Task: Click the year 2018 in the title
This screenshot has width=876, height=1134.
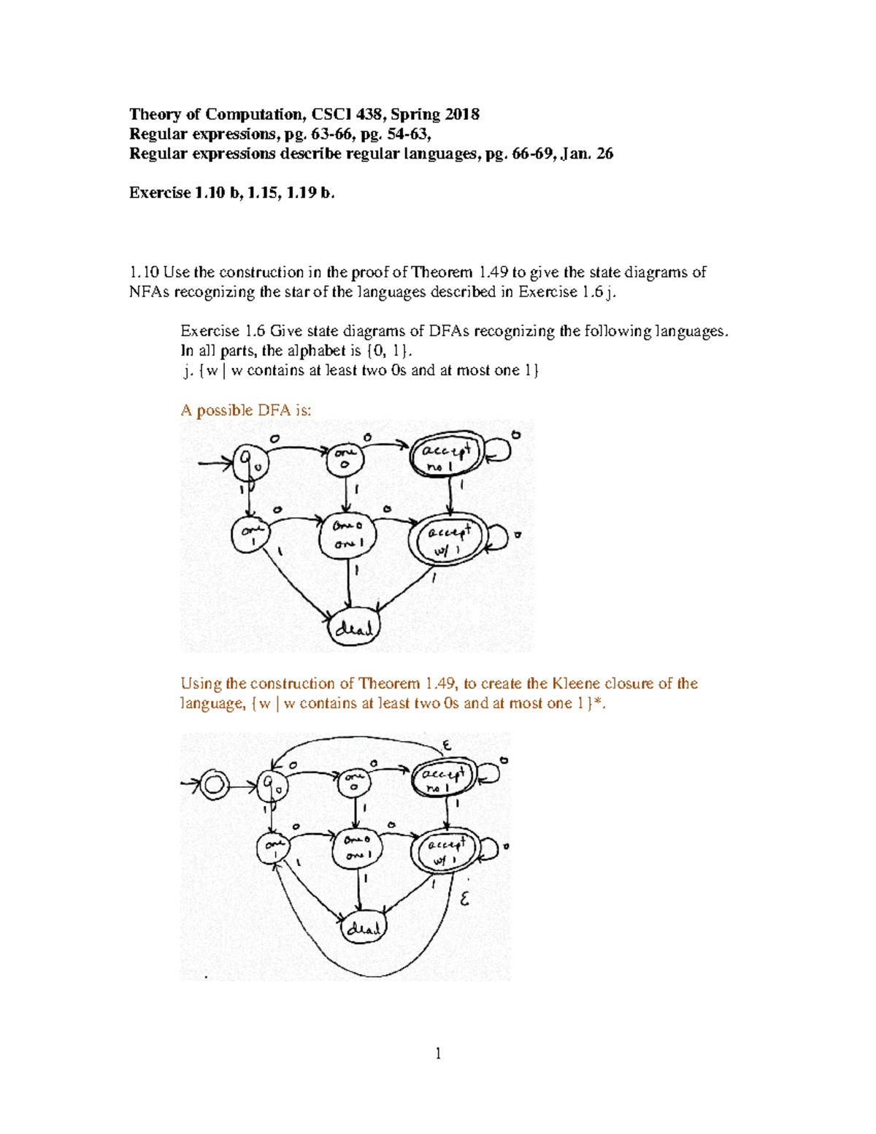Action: click(x=461, y=115)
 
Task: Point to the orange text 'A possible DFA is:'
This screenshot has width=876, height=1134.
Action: click(x=245, y=410)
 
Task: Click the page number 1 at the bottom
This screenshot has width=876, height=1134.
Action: click(x=438, y=1053)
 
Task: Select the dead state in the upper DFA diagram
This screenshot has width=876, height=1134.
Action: click(x=354, y=627)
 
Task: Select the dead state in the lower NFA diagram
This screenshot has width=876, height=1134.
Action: click(x=363, y=928)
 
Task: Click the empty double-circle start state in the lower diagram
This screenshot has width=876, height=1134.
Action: click(x=214, y=786)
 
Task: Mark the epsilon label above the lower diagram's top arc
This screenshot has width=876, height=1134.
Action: click(x=447, y=745)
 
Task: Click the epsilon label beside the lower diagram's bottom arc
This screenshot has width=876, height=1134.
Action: click(x=464, y=900)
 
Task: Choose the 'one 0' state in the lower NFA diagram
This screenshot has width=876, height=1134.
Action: click(x=353, y=783)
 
